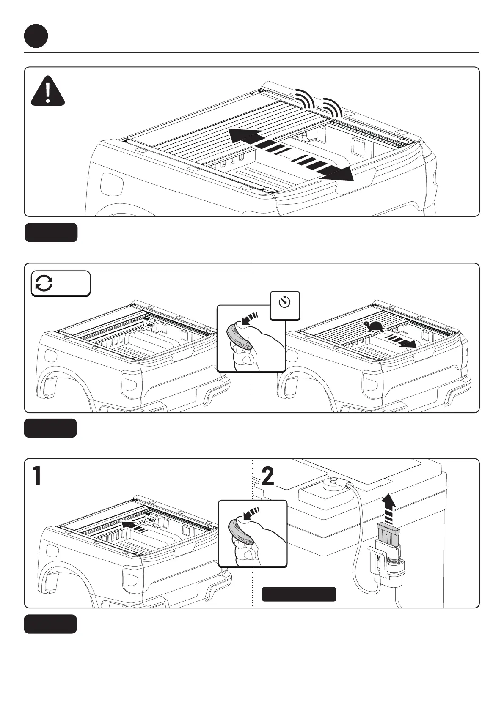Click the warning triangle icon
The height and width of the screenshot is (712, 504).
[48, 91]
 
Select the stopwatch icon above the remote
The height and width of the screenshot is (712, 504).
[285, 302]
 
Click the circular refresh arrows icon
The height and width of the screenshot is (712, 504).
[44, 283]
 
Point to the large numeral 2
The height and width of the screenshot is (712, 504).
[268, 476]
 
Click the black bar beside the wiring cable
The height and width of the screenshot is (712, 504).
[299, 594]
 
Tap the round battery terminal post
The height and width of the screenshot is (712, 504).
[333, 482]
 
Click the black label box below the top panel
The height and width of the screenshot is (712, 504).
[51, 233]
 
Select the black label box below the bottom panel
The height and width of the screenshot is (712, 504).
[50, 624]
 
